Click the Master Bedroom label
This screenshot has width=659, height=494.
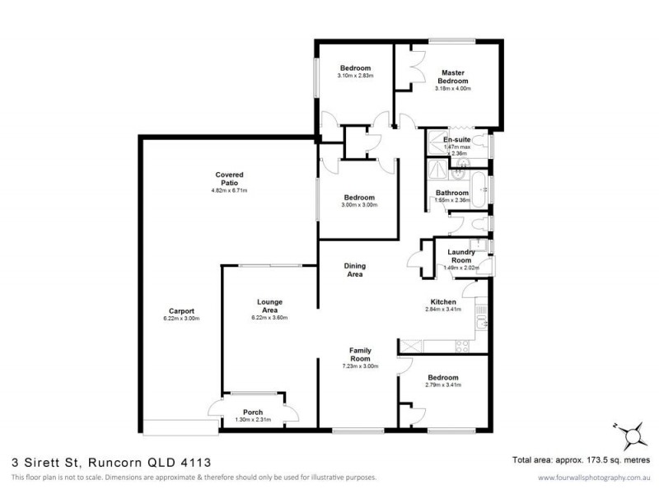453,77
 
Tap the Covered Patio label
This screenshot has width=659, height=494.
229,179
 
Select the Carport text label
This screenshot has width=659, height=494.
182,310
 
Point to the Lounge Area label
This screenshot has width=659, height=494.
269,306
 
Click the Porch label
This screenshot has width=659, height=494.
252,412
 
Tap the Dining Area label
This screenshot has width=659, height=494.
355,270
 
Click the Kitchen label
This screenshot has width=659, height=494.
443,302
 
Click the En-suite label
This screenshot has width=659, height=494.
456,140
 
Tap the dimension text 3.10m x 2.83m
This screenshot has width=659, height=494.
355,76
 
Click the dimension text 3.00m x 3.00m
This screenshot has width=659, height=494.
359,205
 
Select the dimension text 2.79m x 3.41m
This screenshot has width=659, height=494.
443,384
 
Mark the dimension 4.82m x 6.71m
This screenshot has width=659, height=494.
229,190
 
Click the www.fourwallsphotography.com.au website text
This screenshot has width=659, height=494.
591,478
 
